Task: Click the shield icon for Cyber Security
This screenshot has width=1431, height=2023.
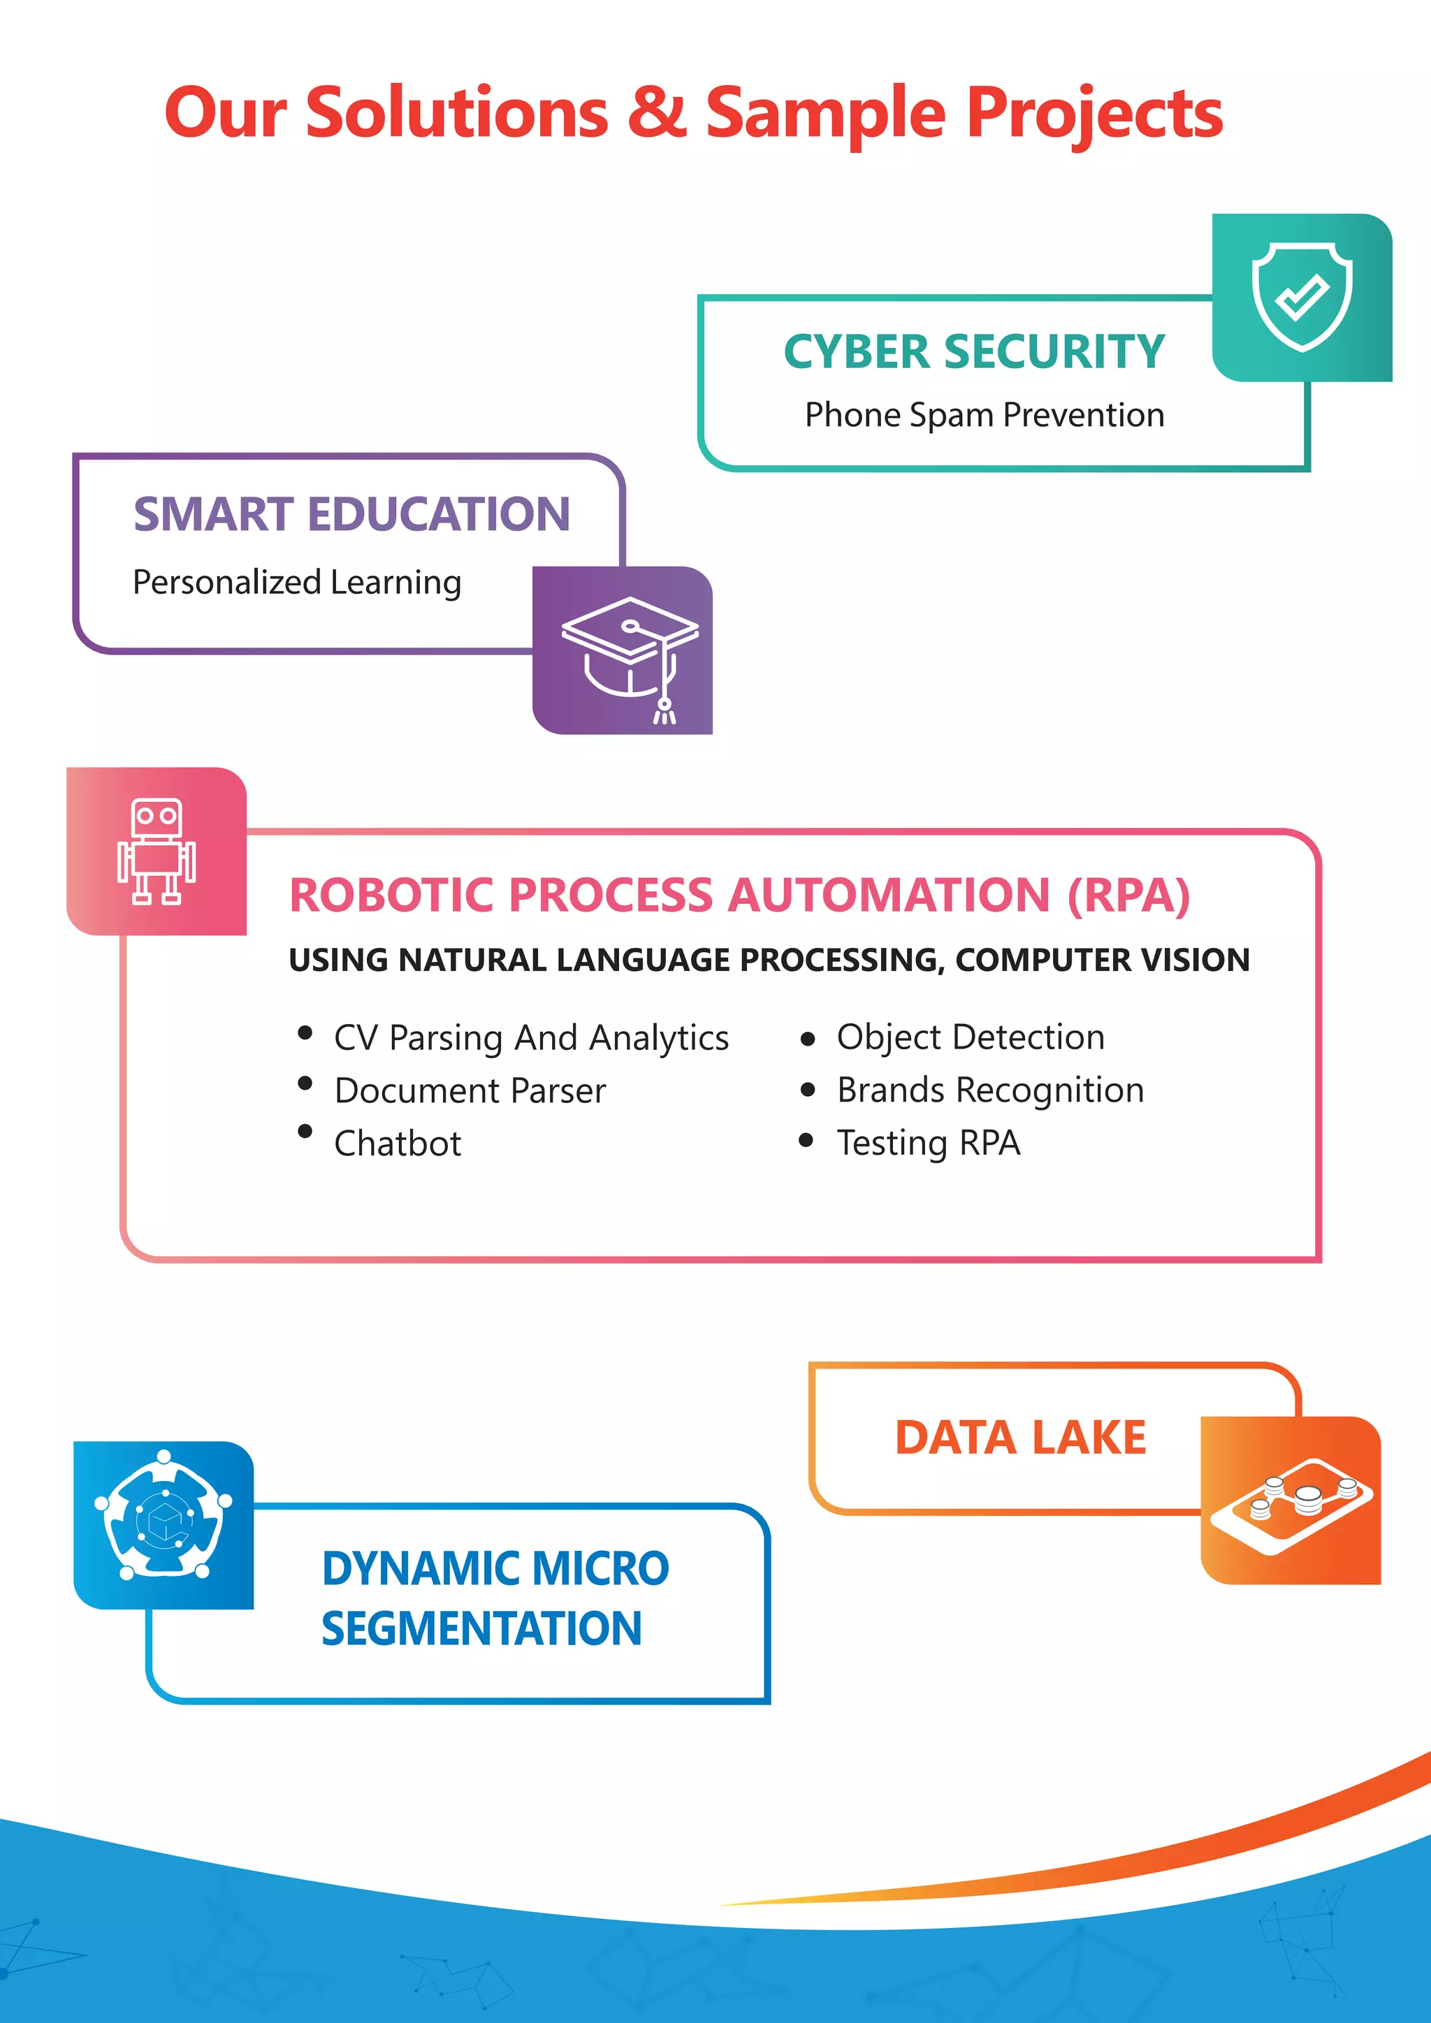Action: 1302,297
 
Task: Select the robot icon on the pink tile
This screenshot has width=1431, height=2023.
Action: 157,851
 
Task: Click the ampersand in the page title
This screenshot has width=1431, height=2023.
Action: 657,112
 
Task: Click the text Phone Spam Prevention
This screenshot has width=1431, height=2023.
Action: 985,415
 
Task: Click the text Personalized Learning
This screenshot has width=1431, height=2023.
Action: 297,583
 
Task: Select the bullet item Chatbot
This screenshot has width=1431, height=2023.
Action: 398,1144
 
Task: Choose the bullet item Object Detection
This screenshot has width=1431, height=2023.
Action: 970,1037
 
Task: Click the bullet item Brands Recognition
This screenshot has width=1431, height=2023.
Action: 990,1090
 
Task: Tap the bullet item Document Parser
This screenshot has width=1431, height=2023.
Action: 470,1091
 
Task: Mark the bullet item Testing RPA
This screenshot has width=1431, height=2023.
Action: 929,1143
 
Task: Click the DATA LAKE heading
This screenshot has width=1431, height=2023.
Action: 1020,1438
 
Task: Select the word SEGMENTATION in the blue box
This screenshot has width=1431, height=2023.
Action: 481,1628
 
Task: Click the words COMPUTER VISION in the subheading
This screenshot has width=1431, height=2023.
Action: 1103,960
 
